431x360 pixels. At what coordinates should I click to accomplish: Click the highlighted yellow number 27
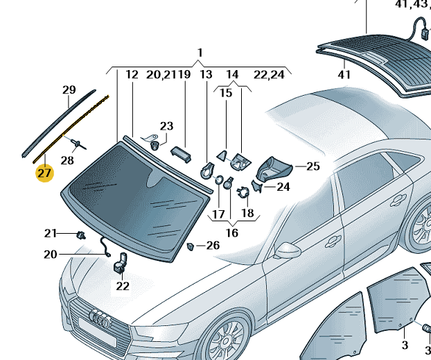tap(44, 173)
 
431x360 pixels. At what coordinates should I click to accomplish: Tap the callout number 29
tap(69, 90)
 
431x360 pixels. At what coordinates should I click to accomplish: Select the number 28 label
tap(67, 161)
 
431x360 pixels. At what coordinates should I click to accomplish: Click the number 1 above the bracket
tap(200, 53)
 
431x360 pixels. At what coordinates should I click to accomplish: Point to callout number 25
tap(313, 166)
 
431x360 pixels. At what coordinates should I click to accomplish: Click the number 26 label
tap(212, 246)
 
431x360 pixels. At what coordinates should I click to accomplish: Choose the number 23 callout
tap(166, 126)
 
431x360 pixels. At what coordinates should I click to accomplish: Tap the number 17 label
tap(218, 214)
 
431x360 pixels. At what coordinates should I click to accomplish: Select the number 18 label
tap(247, 214)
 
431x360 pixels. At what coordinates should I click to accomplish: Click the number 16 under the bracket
tap(231, 233)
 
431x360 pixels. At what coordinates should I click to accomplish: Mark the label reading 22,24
tap(269, 74)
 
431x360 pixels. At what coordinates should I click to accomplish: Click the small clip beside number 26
tap(191, 246)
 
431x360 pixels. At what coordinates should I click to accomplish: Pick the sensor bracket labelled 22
tap(121, 264)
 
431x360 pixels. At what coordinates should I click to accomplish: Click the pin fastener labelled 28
tap(78, 144)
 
